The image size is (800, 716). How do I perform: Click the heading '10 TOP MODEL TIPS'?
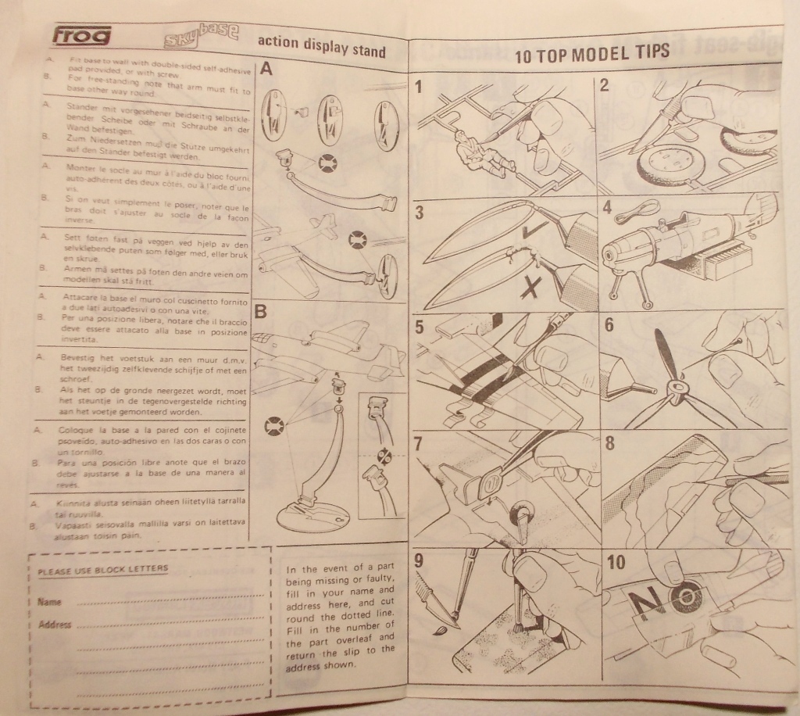(x=592, y=53)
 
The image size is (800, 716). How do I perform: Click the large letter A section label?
(x=266, y=70)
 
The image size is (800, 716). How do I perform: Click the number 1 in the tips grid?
(x=420, y=86)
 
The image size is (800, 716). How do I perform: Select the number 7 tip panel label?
(x=419, y=443)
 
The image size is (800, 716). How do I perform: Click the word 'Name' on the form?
(x=49, y=602)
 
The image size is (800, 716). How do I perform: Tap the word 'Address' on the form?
(x=55, y=625)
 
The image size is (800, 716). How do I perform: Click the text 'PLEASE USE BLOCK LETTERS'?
(x=103, y=569)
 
